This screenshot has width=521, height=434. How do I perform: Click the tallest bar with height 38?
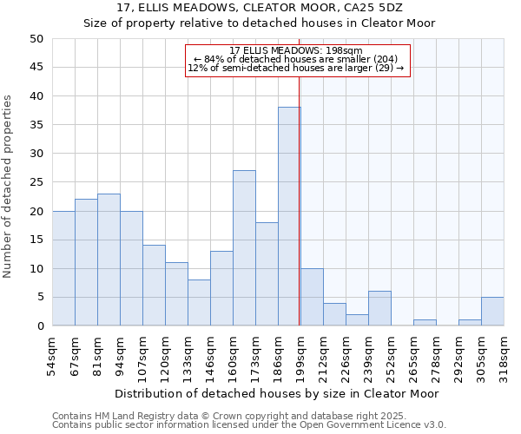tap(289, 217)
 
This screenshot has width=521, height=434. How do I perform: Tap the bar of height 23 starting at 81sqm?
tap(109, 260)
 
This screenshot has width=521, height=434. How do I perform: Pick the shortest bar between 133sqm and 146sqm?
tap(199, 303)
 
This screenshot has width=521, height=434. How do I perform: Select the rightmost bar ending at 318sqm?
tap(492, 312)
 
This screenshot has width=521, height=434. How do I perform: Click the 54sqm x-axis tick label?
tap(52, 356)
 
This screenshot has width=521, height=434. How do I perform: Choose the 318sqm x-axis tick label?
tap(504, 356)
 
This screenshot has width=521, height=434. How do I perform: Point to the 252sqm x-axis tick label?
tap(391, 356)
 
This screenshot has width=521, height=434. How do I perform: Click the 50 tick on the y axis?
tap(36, 39)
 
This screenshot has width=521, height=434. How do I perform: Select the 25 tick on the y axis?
tap(36, 182)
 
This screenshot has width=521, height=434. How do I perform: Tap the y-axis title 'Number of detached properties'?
tap(8, 187)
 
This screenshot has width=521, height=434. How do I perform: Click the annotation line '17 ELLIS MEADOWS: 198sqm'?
tap(296, 50)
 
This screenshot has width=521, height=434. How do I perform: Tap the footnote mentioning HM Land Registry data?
tap(247, 417)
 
